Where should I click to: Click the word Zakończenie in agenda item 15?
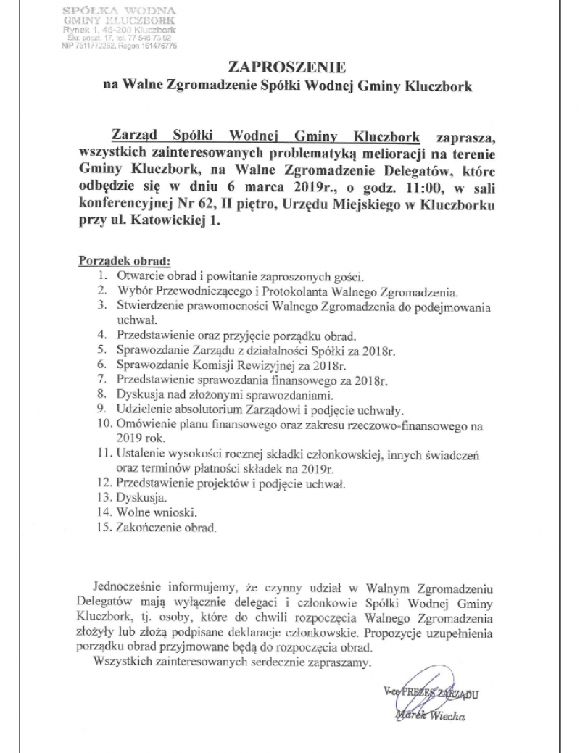click(150, 528)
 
